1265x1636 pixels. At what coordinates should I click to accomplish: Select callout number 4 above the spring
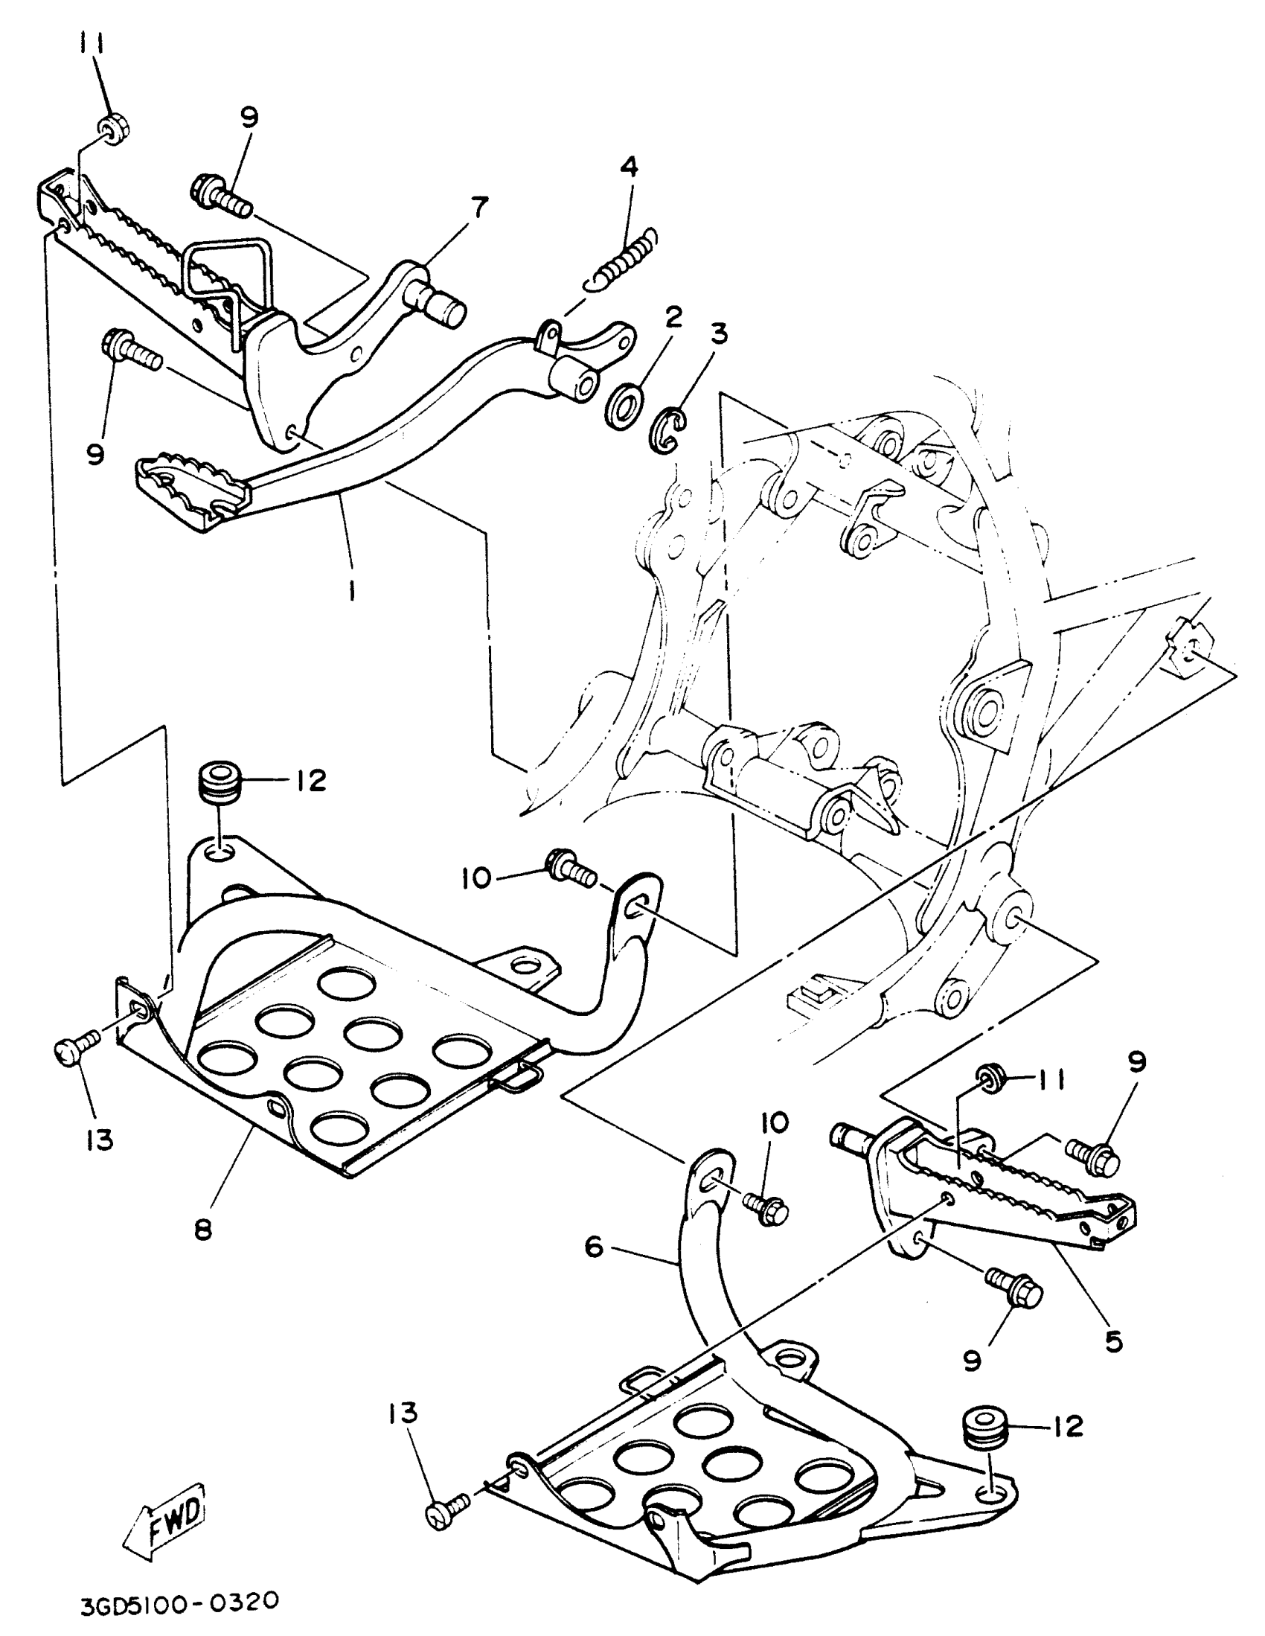[628, 167]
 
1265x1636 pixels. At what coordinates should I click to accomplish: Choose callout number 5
[1114, 1341]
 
